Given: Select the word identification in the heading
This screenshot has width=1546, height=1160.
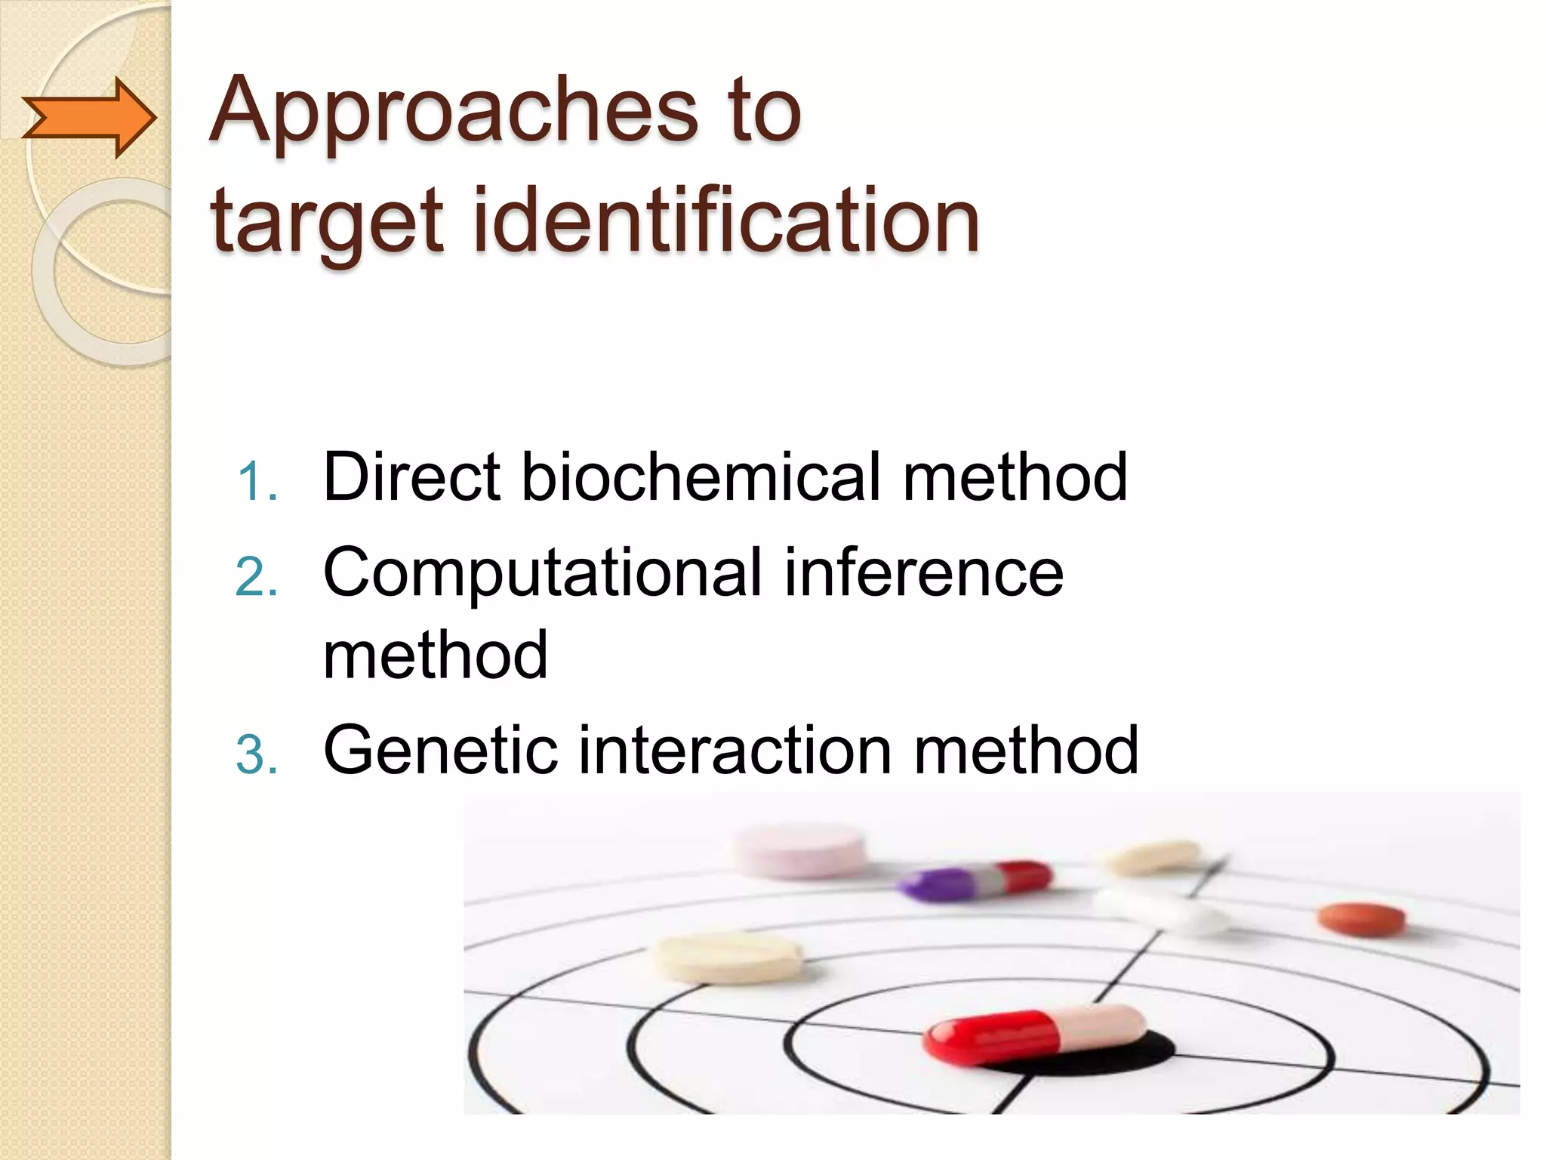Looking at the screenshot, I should click(725, 221).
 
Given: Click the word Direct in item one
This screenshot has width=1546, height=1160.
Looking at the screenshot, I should click(411, 477).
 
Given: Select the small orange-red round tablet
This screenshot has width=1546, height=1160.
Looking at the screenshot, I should click(1361, 918).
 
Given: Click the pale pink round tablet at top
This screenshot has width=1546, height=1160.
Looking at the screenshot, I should click(799, 850).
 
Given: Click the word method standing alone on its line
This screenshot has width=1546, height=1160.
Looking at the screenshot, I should click(435, 655).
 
